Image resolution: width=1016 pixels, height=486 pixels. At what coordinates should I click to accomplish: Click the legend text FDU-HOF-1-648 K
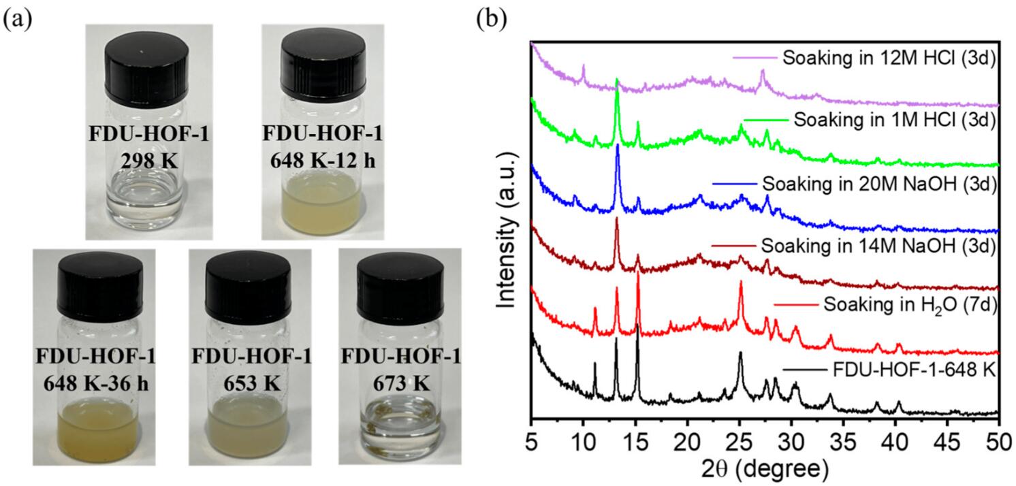pos(915,371)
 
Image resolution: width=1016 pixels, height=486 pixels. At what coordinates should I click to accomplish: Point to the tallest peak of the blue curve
pos(618,145)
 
